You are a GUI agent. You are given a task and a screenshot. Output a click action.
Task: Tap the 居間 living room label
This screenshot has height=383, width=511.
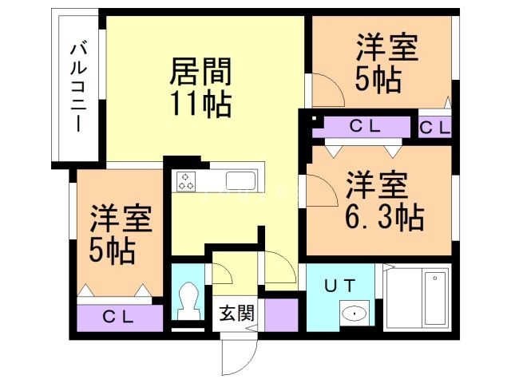[x=200, y=73]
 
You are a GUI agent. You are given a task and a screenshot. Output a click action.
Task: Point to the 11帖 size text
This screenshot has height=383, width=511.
[x=200, y=104]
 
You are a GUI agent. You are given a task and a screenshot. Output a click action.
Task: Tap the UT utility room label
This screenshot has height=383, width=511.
[x=339, y=284]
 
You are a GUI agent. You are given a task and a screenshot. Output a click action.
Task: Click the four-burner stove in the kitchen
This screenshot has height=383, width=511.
[x=187, y=180]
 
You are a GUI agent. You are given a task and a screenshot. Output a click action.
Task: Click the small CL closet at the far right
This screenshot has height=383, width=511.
[x=434, y=126]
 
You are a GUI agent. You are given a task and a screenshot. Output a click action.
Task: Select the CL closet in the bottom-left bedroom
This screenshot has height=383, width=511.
[x=121, y=316]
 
